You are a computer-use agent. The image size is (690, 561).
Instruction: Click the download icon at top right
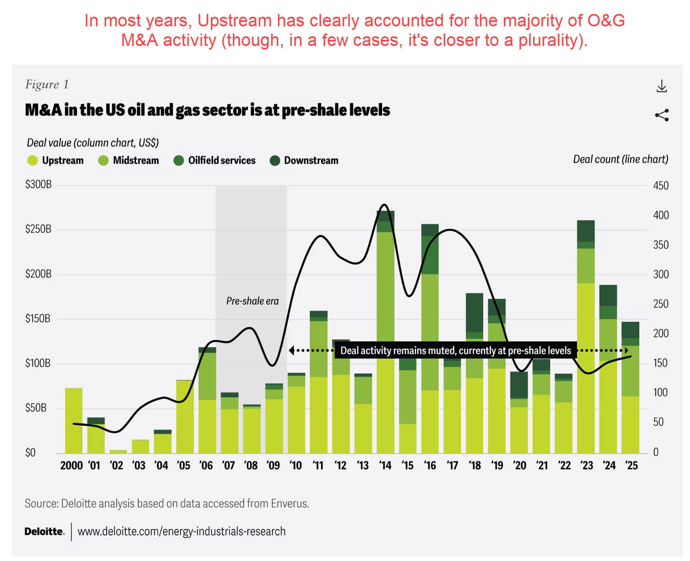click(x=662, y=86)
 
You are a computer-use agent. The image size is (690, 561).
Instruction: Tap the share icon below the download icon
click(x=662, y=115)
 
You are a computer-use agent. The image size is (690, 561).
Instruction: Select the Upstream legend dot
click(x=32, y=161)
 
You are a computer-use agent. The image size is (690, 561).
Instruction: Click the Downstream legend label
click(x=311, y=161)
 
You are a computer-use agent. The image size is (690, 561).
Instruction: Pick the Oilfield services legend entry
click(x=221, y=161)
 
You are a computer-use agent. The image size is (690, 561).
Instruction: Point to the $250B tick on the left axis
click(x=38, y=229)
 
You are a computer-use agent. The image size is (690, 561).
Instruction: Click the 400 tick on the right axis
click(x=660, y=215)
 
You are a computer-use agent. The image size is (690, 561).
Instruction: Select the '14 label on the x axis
click(x=385, y=466)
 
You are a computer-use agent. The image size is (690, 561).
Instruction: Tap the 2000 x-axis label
click(x=71, y=466)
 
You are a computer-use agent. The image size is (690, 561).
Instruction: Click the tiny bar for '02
click(x=118, y=452)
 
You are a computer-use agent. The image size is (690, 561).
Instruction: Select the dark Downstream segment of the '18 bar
click(x=474, y=312)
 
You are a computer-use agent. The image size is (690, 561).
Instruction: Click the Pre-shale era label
click(x=252, y=301)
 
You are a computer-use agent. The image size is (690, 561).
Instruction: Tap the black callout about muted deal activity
click(x=455, y=351)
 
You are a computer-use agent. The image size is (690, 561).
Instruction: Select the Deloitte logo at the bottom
click(x=44, y=531)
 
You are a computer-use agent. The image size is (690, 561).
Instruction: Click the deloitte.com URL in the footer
click(x=181, y=531)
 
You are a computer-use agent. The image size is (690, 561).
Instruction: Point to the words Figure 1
click(x=47, y=84)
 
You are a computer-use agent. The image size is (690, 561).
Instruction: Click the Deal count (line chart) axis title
click(x=620, y=159)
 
